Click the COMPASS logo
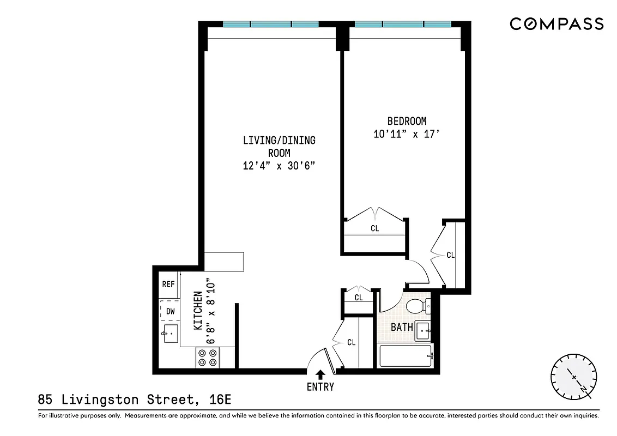pos(556,24)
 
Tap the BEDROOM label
pos(407,121)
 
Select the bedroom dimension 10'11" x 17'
pos(407,134)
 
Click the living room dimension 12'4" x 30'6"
pos(279,166)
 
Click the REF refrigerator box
pos(168,284)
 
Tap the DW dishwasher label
pos(170,311)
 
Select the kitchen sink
pos(170,333)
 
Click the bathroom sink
pos(423,330)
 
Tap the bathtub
pos(405,356)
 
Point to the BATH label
pos(402,328)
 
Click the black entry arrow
pos(320,374)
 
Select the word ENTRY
pos(320,387)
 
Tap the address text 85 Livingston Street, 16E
pos(135,400)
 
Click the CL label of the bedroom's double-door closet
pos(374,228)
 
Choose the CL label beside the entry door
pos(352,342)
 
